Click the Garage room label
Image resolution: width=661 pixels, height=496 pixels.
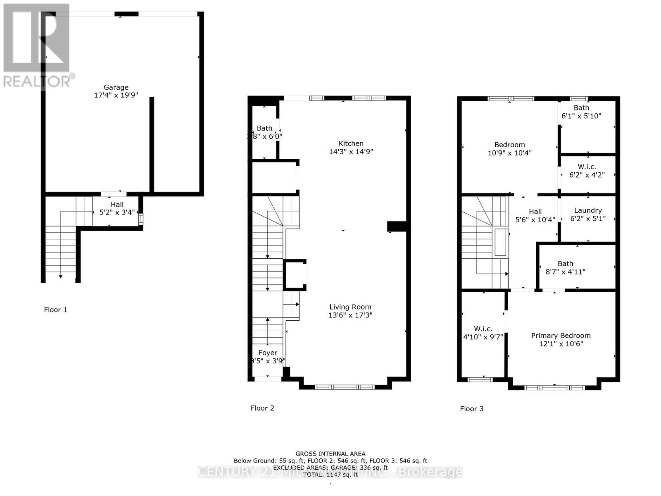coord(116,87)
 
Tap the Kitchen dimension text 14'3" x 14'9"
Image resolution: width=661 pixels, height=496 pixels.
coord(351,152)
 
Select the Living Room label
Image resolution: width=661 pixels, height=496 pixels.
coord(350,307)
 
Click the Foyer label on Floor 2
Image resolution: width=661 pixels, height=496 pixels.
coord(268,353)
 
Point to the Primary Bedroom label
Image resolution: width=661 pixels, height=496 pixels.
coord(561,335)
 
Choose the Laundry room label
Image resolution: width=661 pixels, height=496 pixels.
coord(587,210)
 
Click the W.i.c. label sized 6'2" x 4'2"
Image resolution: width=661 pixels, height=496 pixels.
coord(587,167)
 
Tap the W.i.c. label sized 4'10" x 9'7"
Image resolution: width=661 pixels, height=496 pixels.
coord(483,329)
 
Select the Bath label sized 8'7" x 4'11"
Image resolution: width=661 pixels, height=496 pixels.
coord(565,263)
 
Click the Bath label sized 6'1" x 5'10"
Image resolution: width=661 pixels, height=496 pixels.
coord(581,107)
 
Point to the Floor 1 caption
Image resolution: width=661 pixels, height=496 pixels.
coord(55,310)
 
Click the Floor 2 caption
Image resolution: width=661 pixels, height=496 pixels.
coord(262,408)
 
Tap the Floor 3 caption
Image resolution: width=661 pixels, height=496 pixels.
coord(471,408)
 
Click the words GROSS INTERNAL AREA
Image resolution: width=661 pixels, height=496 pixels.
coord(330,453)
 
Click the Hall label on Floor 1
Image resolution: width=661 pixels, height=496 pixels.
coord(117,204)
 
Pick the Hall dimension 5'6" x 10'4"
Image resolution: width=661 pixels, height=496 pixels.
coord(535,219)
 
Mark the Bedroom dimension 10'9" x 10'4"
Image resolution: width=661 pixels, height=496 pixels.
coord(509,153)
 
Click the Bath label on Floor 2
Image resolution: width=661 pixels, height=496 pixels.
coord(264,128)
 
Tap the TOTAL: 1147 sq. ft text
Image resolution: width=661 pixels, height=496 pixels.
coord(330,475)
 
